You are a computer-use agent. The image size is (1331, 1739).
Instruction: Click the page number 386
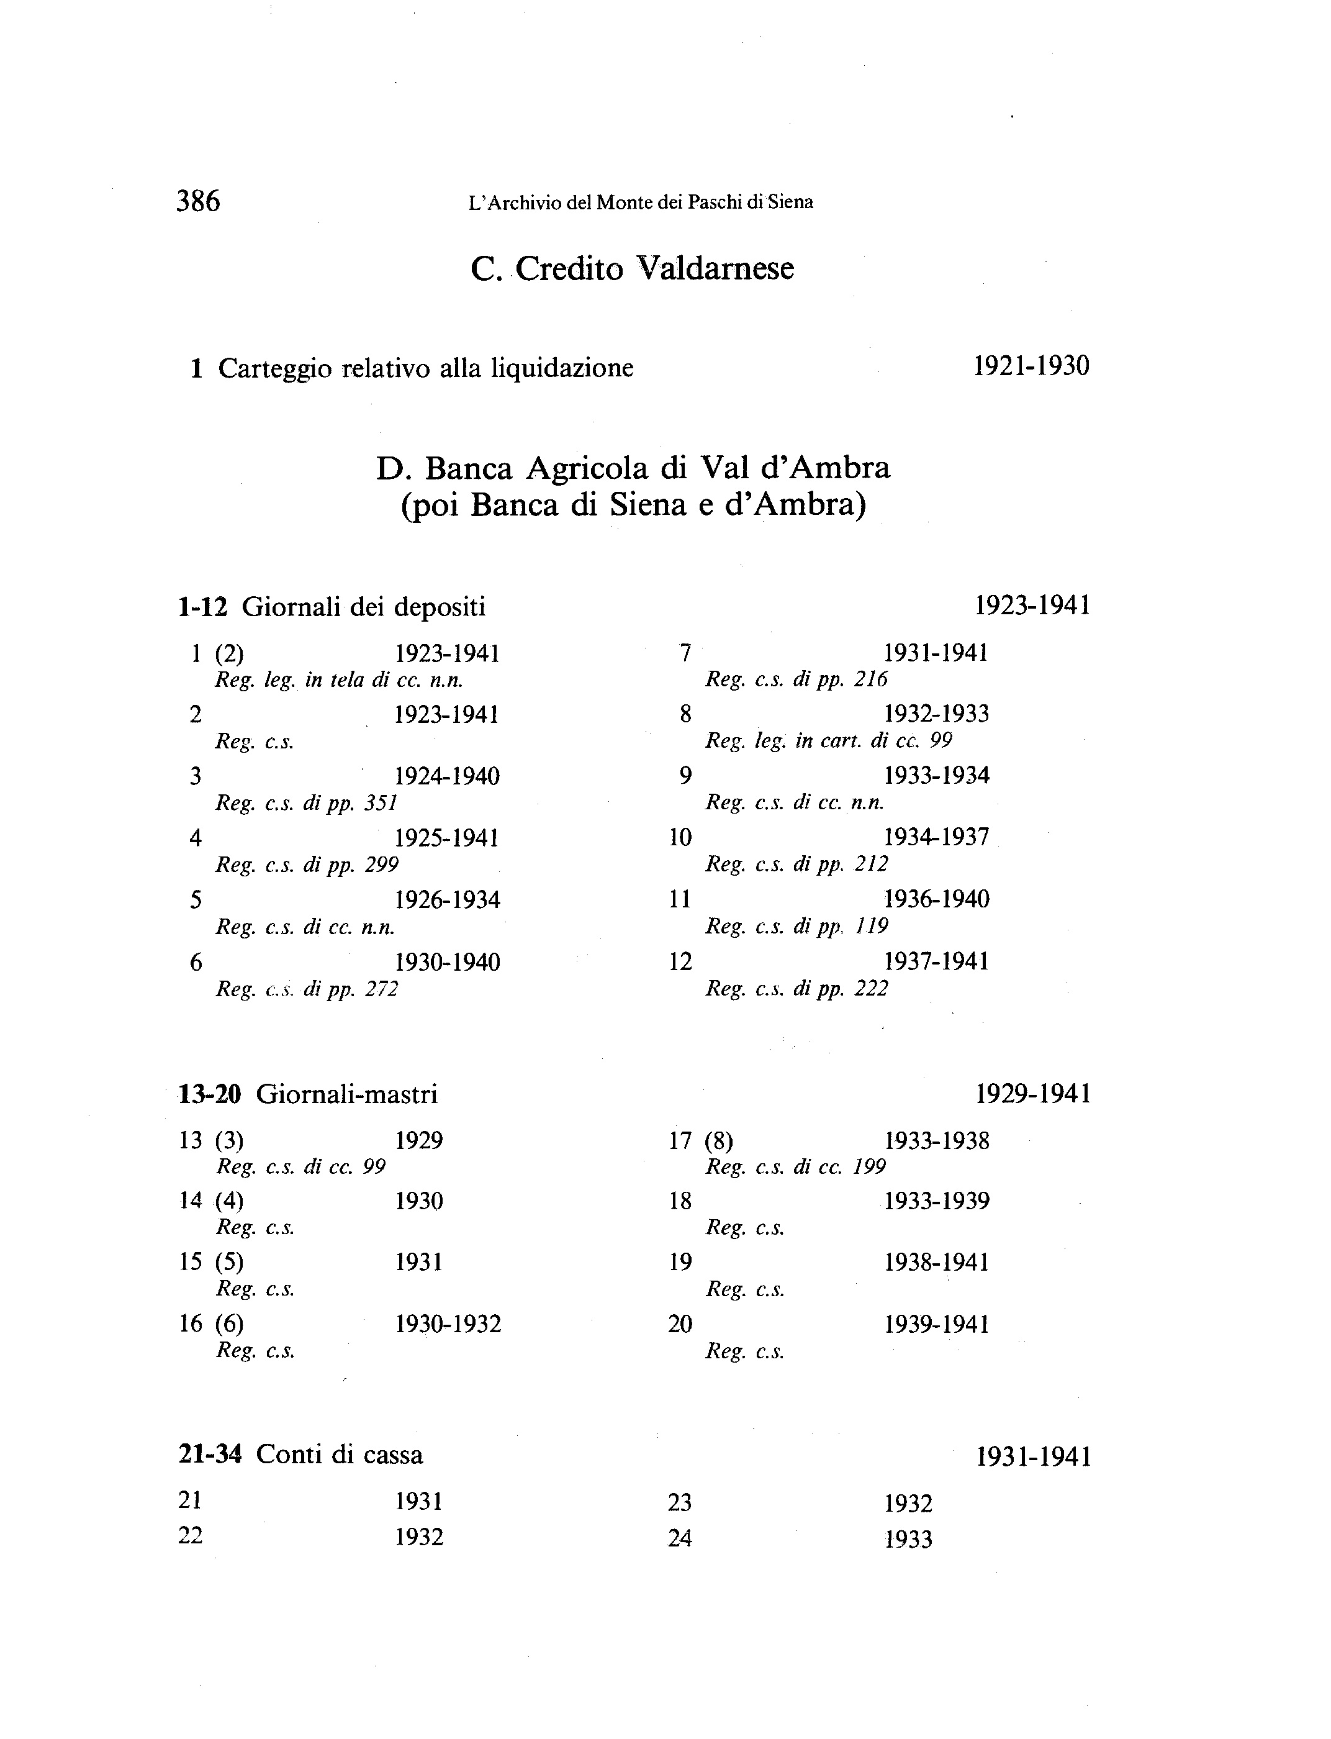198,201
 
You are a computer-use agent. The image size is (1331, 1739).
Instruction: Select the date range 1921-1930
1031,366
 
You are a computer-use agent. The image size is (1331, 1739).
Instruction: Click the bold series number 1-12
203,607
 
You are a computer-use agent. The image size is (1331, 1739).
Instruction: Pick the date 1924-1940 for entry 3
448,776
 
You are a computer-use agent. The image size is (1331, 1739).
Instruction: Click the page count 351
381,803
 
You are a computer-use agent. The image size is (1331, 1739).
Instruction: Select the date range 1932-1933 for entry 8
936,714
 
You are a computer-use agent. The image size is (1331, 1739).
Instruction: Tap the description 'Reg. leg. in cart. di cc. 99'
829,740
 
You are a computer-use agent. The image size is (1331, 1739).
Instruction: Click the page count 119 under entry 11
871,926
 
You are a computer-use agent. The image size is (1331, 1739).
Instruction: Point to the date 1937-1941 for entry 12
936,961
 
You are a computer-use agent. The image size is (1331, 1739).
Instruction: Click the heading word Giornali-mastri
347,1094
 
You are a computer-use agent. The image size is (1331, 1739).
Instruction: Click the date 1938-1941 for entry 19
936,1263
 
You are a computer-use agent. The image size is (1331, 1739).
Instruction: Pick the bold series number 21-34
210,1455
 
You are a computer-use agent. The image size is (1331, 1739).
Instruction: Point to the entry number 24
680,1538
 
